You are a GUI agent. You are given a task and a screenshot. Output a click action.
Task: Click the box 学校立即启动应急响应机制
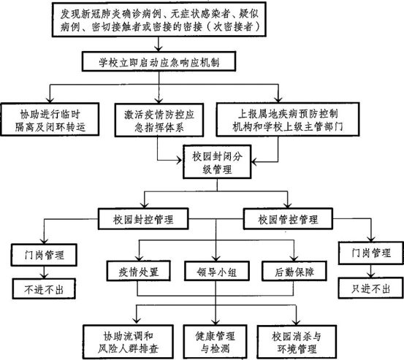tap(159, 61)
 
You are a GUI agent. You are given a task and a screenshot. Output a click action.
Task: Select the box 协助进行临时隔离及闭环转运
tap(50, 119)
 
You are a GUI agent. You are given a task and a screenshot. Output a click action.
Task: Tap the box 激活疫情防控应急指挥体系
tap(159, 120)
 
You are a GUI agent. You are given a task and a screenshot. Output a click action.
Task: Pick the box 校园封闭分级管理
tap(217, 161)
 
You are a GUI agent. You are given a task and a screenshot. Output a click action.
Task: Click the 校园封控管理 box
tap(143, 219)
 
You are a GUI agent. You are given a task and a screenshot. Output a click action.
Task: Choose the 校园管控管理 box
tap(288, 219)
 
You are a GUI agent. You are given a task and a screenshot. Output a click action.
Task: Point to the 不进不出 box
tap(44, 289)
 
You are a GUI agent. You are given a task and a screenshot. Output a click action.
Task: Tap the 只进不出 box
tap(371, 288)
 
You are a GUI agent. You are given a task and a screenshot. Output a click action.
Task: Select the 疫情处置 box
tap(139, 271)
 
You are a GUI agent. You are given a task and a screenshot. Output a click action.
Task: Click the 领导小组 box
tap(217, 271)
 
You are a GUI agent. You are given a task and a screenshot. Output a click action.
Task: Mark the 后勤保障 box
tap(294, 271)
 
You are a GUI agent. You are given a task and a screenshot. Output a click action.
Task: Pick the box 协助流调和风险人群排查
tap(128, 342)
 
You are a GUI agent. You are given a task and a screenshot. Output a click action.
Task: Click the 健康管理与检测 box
tap(215, 342)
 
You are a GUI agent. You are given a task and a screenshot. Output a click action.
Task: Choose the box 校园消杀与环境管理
tap(297, 342)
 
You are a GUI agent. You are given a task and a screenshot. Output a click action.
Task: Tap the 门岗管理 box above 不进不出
tap(45, 255)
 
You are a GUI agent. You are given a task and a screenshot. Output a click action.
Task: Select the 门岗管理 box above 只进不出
tap(371, 253)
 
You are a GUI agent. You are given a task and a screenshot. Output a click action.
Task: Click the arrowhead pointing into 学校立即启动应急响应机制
tap(159, 48)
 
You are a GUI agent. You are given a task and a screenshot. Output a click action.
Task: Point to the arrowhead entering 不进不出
tap(44, 275)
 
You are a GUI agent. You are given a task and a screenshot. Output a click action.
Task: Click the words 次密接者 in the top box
tap(232, 27)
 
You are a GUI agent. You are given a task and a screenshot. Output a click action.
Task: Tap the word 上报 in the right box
tap(248, 114)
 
